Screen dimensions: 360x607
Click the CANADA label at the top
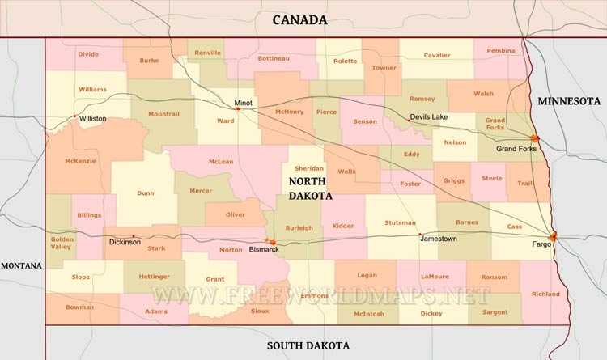coord(299,19)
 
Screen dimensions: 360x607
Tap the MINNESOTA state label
coord(569,101)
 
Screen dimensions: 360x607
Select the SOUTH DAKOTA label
coord(308,346)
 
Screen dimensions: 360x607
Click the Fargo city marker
coord(554,236)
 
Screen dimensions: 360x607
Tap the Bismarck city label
coord(264,249)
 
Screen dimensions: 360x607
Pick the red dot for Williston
coord(75,116)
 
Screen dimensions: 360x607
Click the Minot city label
coord(244,104)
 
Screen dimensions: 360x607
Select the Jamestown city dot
coord(420,235)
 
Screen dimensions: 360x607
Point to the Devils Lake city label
coord(428,117)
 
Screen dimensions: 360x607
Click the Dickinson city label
coord(125,242)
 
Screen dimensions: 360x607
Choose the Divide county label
coord(88,54)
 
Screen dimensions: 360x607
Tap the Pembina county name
coord(500,50)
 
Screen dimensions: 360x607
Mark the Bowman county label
coord(80,307)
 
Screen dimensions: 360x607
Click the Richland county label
coord(545,294)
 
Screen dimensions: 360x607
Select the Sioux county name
coord(260,311)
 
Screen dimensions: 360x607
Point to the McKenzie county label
coord(80,160)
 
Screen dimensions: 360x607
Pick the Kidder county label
coord(343,226)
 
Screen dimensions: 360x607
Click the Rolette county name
coord(345,61)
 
